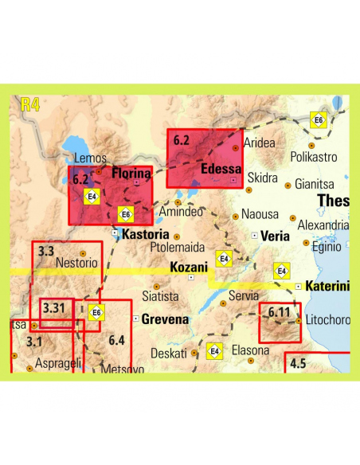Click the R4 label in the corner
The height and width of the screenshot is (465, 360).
click(x=29, y=104)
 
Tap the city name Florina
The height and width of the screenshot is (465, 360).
click(x=132, y=173)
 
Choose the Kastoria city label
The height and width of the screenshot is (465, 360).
click(x=146, y=235)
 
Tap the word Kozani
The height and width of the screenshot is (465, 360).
click(x=188, y=268)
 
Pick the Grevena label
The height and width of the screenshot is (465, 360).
click(x=165, y=319)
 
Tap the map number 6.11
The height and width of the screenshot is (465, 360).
click(x=280, y=312)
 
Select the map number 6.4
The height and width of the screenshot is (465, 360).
click(x=116, y=341)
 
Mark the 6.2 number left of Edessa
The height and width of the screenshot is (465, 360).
click(x=181, y=141)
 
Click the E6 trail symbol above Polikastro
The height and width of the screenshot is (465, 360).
click(x=319, y=120)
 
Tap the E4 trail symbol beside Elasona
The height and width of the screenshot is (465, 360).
click(x=214, y=350)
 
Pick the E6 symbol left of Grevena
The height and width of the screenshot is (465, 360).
click(x=96, y=313)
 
